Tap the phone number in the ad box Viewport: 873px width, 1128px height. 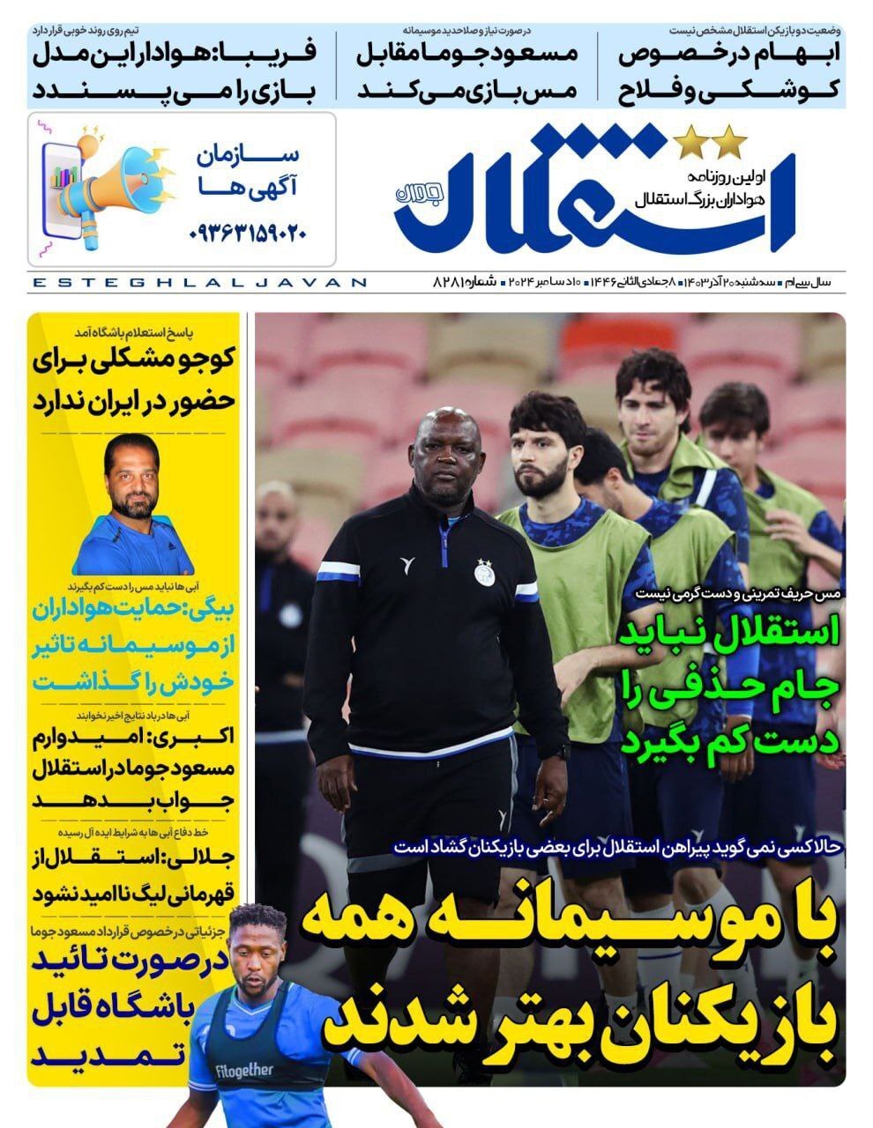coord(248,234)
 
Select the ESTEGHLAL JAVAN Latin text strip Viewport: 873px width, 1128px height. coord(198,283)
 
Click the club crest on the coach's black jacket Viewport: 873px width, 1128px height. coord(483,573)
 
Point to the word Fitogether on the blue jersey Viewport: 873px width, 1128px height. coord(244,1072)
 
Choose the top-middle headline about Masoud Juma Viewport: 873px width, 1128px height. coord(466,71)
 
